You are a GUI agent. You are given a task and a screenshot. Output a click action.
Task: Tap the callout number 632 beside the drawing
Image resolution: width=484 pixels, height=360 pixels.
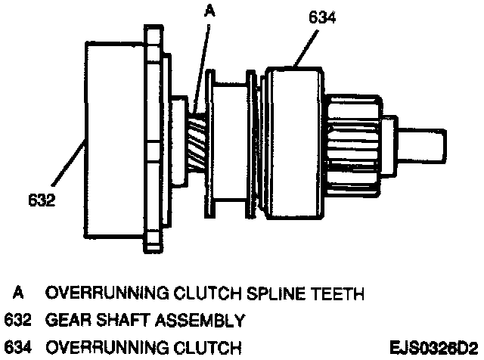point(41,203)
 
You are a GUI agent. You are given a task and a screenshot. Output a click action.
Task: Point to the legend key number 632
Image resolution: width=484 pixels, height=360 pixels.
point(18,321)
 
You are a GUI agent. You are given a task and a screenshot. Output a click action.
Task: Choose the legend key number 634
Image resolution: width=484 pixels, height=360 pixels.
point(18,348)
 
